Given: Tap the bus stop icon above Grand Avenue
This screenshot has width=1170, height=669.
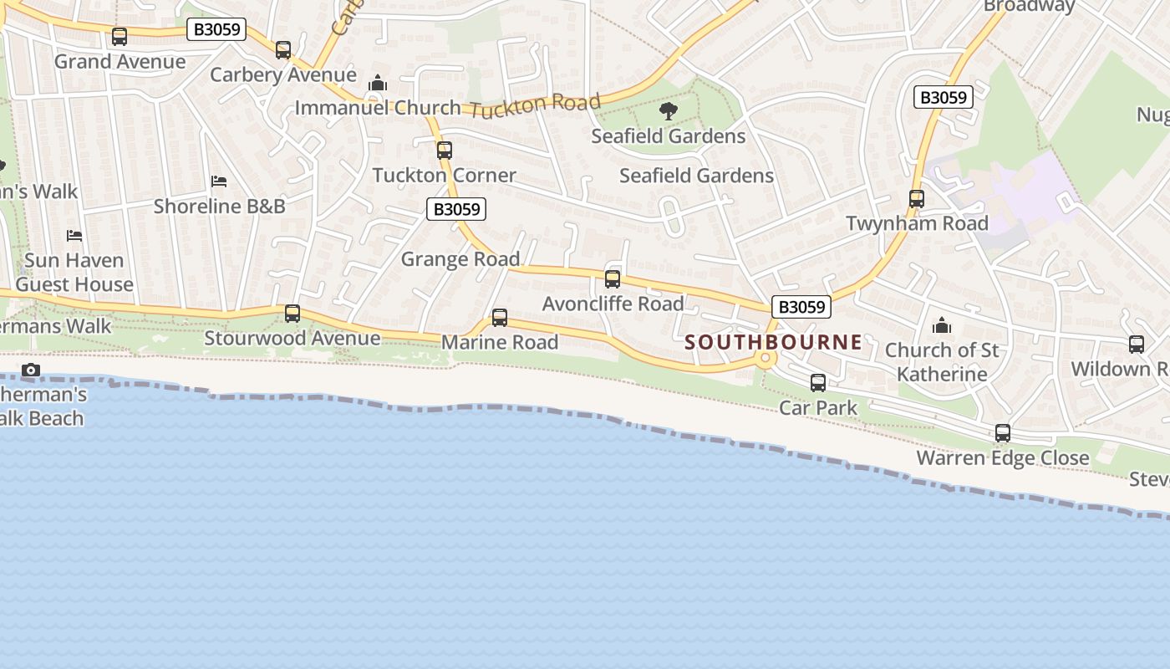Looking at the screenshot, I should pyautogui.click(x=120, y=37).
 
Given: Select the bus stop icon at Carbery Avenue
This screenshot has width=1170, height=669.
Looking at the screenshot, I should pyautogui.click(x=283, y=50).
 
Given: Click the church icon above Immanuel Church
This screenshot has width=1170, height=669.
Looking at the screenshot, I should pyautogui.click(x=378, y=84).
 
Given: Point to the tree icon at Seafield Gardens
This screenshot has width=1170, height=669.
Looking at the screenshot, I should pyautogui.click(x=668, y=110).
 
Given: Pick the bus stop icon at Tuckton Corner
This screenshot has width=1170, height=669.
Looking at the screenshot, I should pyautogui.click(x=445, y=151).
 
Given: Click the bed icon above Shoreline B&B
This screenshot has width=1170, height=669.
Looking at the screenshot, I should pyautogui.click(x=219, y=181).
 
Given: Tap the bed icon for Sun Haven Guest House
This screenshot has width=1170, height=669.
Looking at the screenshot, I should pyautogui.click(x=74, y=236).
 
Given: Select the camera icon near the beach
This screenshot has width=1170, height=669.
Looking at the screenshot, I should pyautogui.click(x=31, y=370).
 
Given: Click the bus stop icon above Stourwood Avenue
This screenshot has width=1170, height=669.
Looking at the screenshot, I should pyautogui.click(x=292, y=314).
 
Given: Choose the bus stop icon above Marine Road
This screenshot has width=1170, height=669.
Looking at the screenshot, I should pyautogui.click(x=500, y=318).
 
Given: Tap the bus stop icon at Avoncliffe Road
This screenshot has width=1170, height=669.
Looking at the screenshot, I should pyautogui.click(x=613, y=279).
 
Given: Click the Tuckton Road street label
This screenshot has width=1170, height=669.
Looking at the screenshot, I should pyautogui.click(x=535, y=106).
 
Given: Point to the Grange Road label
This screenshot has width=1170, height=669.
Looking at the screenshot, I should pyautogui.click(x=460, y=259).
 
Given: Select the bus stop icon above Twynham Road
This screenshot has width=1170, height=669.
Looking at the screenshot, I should pyautogui.click(x=917, y=199).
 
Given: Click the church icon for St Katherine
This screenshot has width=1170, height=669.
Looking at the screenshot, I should pyautogui.click(x=942, y=325).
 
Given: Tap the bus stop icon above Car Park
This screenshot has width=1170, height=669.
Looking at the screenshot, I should pyautogui.click(x=818, y=383).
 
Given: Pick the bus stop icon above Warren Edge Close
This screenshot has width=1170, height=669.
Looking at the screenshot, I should pyautogui.click(x=1003, y=433).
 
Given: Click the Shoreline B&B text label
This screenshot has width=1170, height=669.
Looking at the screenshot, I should pyautogui.click(x=220, y=206).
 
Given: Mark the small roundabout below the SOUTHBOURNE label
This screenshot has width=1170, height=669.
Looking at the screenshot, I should pyautogui.click(x=764, y=359).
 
